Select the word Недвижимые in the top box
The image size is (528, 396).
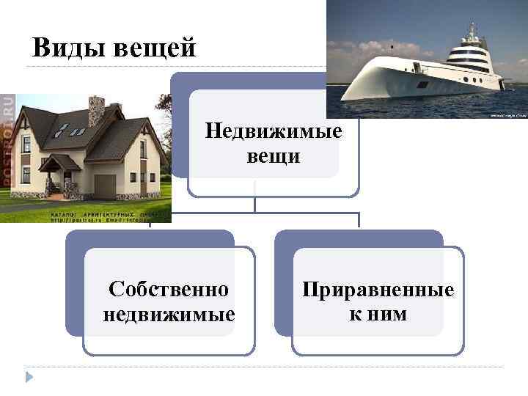274,132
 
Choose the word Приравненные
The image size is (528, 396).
378,290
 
